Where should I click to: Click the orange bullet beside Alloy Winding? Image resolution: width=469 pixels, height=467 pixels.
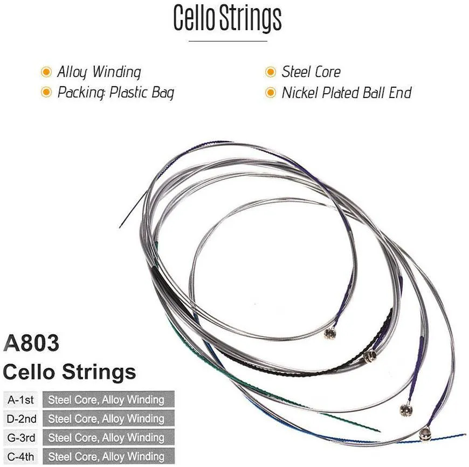46,72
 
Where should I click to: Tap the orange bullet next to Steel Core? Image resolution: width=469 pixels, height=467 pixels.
271,72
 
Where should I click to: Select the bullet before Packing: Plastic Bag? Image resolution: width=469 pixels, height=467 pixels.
46,92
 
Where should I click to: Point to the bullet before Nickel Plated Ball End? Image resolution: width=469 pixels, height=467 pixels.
271,92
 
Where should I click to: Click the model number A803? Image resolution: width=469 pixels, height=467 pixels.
31,343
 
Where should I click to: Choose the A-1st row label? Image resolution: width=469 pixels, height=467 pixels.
20,400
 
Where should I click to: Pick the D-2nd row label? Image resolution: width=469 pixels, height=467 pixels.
21,419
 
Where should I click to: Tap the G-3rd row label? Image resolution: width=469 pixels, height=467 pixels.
21,438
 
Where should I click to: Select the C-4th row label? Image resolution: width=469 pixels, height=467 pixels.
20,457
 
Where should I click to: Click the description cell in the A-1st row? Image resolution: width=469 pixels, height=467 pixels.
108,400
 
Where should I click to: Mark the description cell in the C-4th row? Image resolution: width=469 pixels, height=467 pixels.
108,457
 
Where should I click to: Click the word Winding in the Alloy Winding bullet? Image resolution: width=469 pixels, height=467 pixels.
116,72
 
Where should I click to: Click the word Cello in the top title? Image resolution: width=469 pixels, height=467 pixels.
194,17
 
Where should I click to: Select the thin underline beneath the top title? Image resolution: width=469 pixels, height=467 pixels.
228,41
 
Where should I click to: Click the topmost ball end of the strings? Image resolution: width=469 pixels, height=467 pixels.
330,333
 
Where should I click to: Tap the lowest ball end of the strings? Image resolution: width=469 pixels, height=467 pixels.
425,434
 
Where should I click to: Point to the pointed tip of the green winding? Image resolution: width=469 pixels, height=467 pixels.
380,431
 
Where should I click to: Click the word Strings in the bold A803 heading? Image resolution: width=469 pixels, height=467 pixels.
99,373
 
